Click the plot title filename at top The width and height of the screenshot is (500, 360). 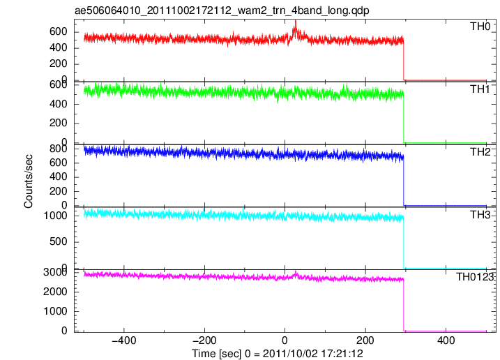pyautogui.click(x=222, y=10)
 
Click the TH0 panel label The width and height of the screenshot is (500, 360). pyautogui.click(x=480, y=27)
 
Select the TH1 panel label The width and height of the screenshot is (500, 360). pyautogui.click(x=480, y=89)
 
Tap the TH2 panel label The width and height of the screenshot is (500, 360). pyautogui.click(x=480, y=152)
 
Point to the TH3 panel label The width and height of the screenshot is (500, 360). pyautogui.click(x=480, y=215)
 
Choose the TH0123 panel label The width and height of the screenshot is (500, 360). pyautogui.click(x=474, y=277)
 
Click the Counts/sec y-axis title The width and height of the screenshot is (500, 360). pyautogui.click(x=29, y=181)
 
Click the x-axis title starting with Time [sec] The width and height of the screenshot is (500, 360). pyautogui.click(x=278, y=354)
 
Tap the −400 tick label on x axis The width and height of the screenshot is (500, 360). pyautogui.click(x=124, y=340)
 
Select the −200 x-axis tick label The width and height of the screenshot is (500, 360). pyautogui.click(x=204, y=340)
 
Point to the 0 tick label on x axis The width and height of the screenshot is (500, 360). pyautogui.click(x=285, y=340)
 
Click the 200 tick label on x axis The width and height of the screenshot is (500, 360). pyautogui.click(x=365, y=340)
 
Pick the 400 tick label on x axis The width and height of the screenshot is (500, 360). pyautogui.click(x=446, y=340)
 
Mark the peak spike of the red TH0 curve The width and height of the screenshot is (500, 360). pyautogui.click(x=296, y=21)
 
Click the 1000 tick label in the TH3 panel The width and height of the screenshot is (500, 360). pyautogui.click(x=55, y=216)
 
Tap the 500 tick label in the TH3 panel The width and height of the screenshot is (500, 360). pyautogui.click(x=58, y=241)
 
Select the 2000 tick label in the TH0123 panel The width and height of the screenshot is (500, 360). pyautogui.click(x=55, y=292)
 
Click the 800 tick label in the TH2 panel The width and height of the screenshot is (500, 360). pyautogui.click(x=58, y=149)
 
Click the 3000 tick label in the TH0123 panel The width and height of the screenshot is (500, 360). pyautogui.click(x=55, y=272)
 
